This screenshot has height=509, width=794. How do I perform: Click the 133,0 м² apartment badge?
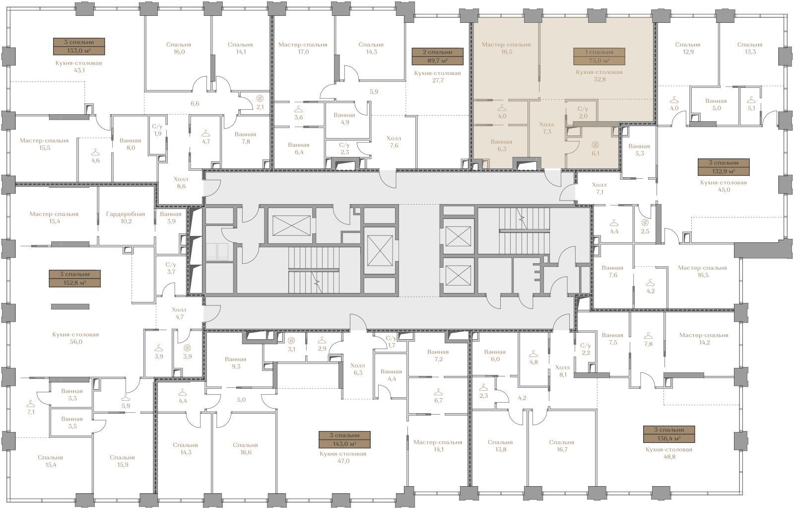click(79, 47)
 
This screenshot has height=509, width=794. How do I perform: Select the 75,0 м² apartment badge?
click(599, 57)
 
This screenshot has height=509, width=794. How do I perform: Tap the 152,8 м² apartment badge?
click(75, 279)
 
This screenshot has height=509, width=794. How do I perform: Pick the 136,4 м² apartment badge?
click(669, 434)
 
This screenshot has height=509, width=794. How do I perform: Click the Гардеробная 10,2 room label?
click(126, 218)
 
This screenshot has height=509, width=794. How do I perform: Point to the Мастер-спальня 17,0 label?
click(303, 48)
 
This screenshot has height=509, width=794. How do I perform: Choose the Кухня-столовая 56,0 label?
click(75, 338)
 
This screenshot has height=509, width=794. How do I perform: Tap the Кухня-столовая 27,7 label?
click(437, 76)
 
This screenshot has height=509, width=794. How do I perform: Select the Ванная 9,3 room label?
click(236, 363)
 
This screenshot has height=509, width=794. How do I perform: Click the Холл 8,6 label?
click(181, 183)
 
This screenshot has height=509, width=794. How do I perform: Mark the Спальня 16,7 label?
click(561, 446)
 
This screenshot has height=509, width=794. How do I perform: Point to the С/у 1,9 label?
click(157, 130)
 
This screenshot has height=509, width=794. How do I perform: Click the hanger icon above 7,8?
click(648, 336)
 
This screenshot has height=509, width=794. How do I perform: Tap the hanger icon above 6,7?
click(439, 392)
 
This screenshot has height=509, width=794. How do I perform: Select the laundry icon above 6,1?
click(595, 145)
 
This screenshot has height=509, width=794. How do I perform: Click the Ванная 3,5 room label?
click(72, 423)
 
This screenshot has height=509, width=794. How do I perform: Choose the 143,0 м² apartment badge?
click(344, 439)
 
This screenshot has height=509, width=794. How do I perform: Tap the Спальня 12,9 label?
click(688, 48)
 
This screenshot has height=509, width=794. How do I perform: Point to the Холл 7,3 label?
click(546, 128)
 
